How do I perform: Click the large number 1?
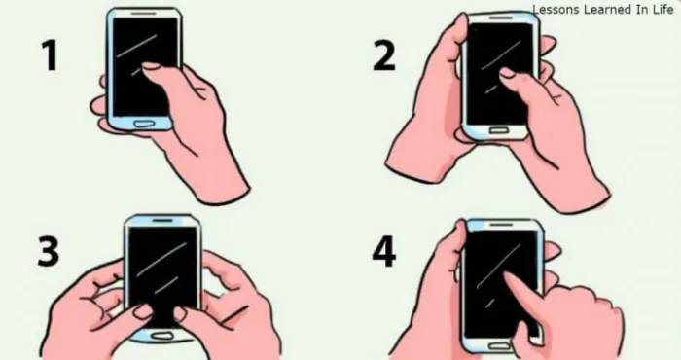pyautogui.click(x=52, y=55)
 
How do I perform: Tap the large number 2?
pyautogui.click(x=384, y=55)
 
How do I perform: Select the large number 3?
pyautogui.click(x=49, y=251)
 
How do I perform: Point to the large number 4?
pyautogui.click(x=384, y=251)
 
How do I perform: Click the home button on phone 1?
pyautogui.click(x=144, y=124)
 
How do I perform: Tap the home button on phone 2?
pyautogui.click(x=498, y=130)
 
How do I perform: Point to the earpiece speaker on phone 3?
pyautogui.click(x=162, y=220)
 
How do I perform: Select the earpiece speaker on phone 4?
pyautogui.click(x=501, y=225)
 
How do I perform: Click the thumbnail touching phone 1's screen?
pyautogui.click(x=151, y=66)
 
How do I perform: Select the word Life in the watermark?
pyautogui.click(x=663, y=10)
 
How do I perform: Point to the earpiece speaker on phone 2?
pyautogui.click(x=500, y=18)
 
